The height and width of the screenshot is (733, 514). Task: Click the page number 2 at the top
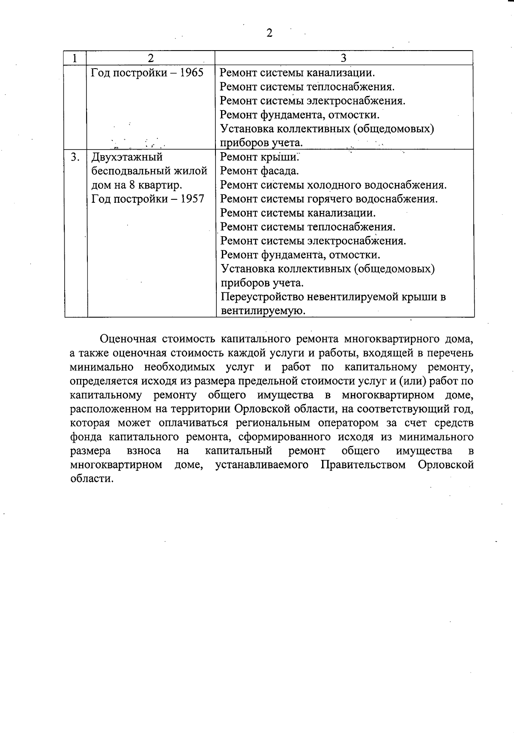click(x=269, y=33)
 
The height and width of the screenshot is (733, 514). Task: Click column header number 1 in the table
click(x=75, y=58)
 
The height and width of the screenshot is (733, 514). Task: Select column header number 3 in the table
click(x=344, y=58)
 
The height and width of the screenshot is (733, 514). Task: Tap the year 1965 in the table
click(x=191, y=72)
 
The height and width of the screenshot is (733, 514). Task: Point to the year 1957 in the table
click(x=192, y=199)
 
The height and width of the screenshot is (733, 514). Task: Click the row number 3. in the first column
click(x=75, y=157)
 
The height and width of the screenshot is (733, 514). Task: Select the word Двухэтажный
click(x=127, y=157)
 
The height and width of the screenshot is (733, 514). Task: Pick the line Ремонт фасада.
click(x=260, y=171)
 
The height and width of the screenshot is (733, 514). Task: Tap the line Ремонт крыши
click(x=259, y=157)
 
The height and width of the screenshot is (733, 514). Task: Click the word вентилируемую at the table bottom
click(x=263, y=311)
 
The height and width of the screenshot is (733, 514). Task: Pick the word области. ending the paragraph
click(x=92, y=479)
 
